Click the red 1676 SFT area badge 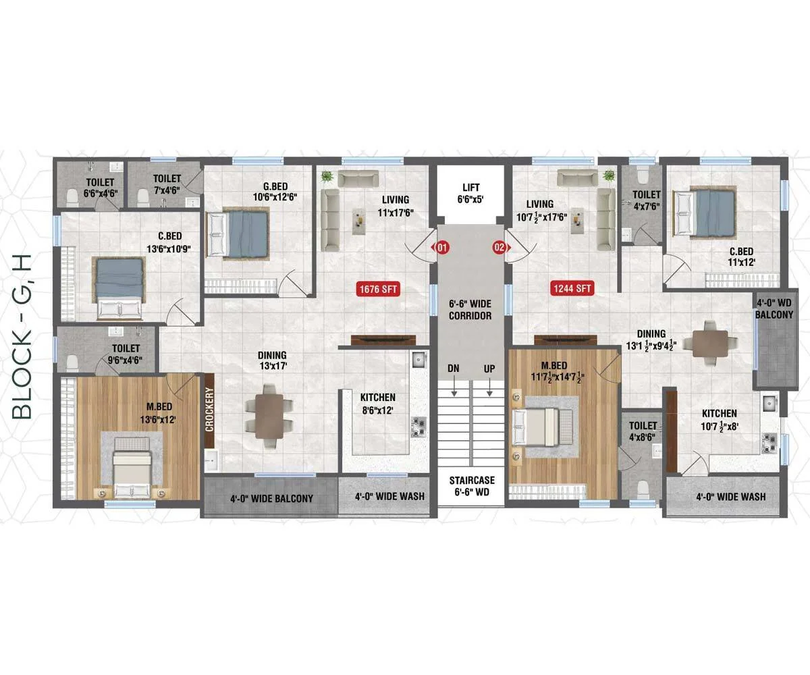378,289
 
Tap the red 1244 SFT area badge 572,288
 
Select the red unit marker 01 442,248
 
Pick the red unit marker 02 500,247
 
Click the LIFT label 471,188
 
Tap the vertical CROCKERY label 209,409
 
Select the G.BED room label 275,186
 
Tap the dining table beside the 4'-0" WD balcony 711,343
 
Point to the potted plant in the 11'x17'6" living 328,177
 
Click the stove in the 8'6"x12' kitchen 418,427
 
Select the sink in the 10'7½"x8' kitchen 769,404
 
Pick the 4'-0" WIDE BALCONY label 271,499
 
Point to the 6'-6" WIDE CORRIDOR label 470,310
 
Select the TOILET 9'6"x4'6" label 126,354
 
